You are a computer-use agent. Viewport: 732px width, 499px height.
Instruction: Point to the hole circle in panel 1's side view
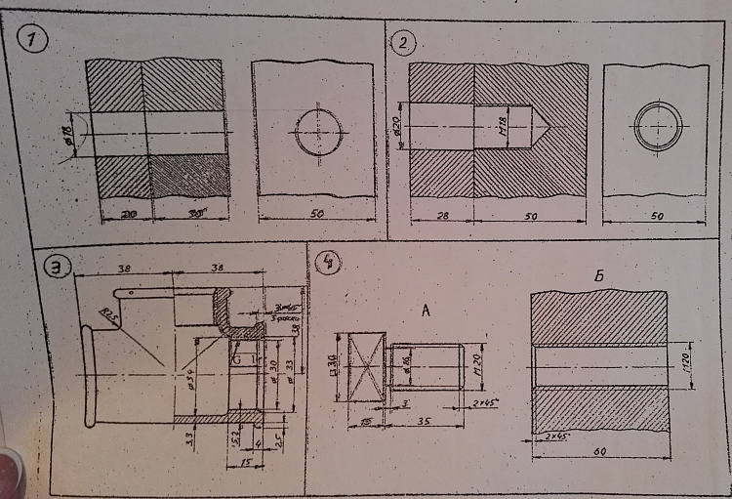[319, 133]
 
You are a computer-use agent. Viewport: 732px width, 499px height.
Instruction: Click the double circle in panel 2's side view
[658, 126]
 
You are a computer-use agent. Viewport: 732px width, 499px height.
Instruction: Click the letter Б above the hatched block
[597, 278]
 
